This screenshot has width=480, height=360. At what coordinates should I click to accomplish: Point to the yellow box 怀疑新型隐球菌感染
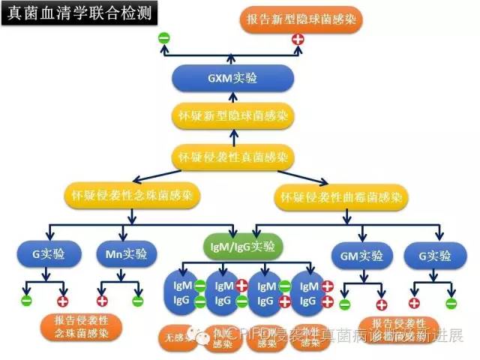[232, 118]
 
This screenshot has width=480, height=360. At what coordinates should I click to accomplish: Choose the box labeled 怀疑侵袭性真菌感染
[232, 157]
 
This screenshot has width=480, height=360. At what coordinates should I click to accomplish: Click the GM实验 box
[361, 255]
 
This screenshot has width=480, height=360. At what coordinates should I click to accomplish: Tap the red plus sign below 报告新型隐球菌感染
[298, 38]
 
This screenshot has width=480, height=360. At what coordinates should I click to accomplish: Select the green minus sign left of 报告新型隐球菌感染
[163, 37]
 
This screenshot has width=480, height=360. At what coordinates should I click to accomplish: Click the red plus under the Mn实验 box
[102, 301]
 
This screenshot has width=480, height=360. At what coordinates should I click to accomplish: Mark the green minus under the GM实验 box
[344, 304]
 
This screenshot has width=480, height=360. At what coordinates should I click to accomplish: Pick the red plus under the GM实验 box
[382, 304]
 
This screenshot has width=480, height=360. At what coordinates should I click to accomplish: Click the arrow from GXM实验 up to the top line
[232, 55]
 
